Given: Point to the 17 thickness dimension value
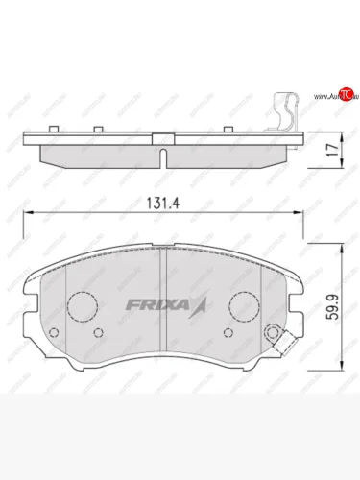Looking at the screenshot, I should pos(330,150).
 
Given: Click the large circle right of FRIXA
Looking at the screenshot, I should pos(246,306).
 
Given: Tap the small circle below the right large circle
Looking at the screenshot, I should pos(227,333).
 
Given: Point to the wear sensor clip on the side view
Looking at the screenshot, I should pos(285,110).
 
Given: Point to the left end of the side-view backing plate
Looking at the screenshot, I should pos(25,136).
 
